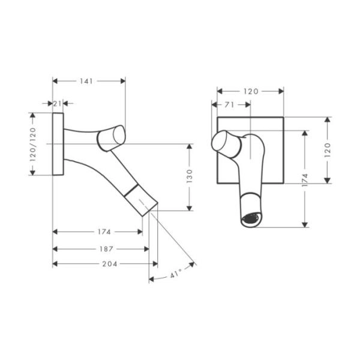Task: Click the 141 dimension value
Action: click(86, 81)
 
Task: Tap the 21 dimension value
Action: click(58, 104)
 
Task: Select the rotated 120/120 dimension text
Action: click(33, 145)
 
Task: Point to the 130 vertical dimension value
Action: click(190, 176)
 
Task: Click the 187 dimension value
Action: click(106, 249)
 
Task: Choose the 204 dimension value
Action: click(110, 264)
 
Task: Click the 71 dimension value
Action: click(229, 105)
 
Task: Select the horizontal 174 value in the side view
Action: click(104, 232)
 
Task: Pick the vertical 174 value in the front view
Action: click(305, 180)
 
